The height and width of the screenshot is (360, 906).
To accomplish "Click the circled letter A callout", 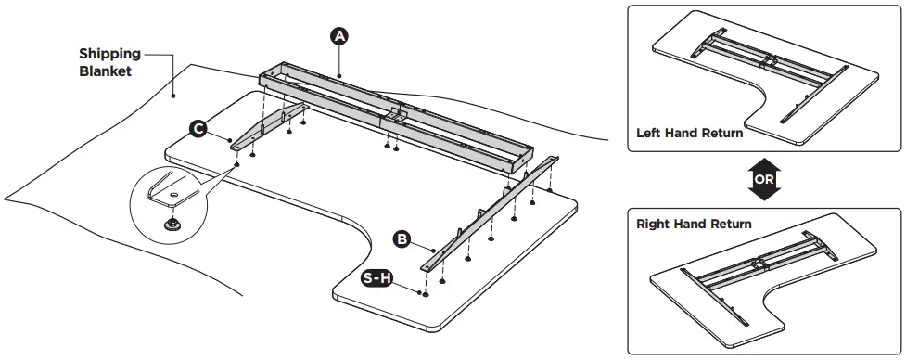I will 339,35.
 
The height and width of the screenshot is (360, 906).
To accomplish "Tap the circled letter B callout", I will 402,239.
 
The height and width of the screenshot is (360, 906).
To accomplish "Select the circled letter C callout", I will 198,129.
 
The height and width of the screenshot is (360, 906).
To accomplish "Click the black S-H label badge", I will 376,278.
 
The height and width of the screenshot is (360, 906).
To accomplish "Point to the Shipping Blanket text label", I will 109,61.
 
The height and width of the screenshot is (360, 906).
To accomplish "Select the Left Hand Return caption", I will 689,133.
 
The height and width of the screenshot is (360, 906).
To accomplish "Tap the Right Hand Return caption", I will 694,225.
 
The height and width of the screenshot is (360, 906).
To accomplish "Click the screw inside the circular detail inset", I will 172,223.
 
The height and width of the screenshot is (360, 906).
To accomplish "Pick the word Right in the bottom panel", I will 655,225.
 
